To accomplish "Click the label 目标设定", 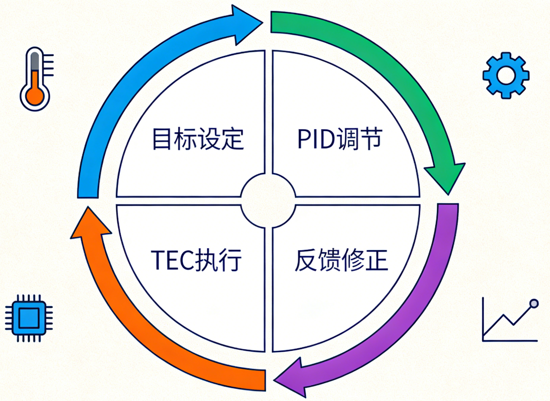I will pyautogui.click(x=198, y=139).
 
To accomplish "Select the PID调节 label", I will pyautogui.click(x=339, y=139).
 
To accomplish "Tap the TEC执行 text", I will pyautogui.click(x=196, y=260).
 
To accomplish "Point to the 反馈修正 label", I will pyautogui.click(x=341, y=260).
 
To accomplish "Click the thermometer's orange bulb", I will pyautogui.click(x=35, y=96).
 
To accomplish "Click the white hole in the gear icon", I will pyautogui.click(x=506, y=75).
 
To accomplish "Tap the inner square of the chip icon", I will pyautogui.click(x=29, y=318).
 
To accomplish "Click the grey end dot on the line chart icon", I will pyautogui.click(x=534, y=304).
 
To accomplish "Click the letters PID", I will pyautogui.click(x=316, y=139).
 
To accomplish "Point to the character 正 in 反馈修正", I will pyautogui.click(x=377, y=260).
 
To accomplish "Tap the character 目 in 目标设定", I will pyautogui.click(x=162, y=139).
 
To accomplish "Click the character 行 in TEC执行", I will pyautogui.click(x=230, y=260).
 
